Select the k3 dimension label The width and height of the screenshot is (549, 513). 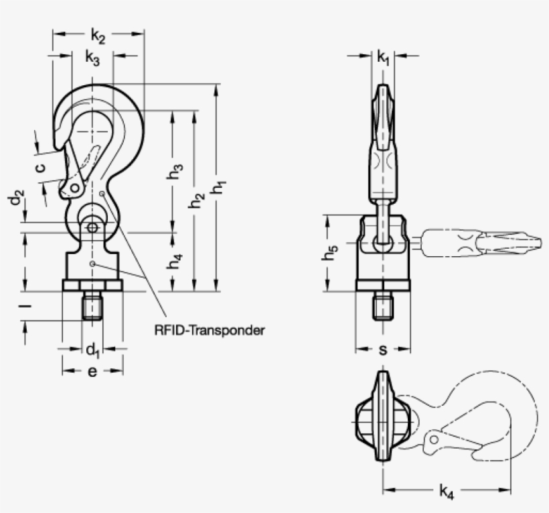click(x=92, y=59)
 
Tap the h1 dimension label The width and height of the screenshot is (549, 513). click(x=219, y=188)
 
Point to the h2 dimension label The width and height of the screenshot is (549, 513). click(x=196, y=201)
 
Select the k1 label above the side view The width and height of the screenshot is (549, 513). click(x=383, y=58)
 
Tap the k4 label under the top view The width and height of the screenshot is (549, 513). click(x=447, y=492)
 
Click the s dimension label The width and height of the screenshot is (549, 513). click(x=383, y=349)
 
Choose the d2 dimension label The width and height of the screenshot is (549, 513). click(x=15, y=199)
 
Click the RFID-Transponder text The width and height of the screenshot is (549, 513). click(x=210, y=330)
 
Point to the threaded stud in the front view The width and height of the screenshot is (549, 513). click(x=92, y=306)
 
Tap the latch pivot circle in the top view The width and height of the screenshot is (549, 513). click(x=435, y=440)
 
